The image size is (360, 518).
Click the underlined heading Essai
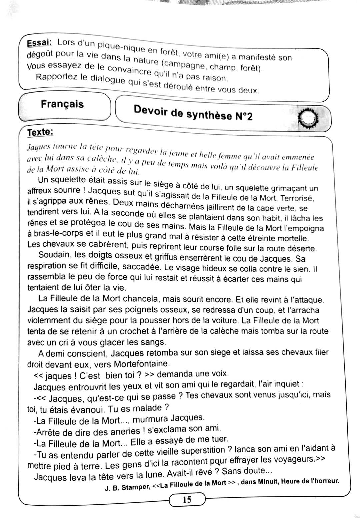[39, 44]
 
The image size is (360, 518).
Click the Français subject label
[62, 104]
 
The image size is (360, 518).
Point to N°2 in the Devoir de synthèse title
[244, 116]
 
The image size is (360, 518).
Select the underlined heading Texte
[40, 132]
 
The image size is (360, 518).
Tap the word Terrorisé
[297, 198]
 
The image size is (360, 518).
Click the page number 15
[187, 499]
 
